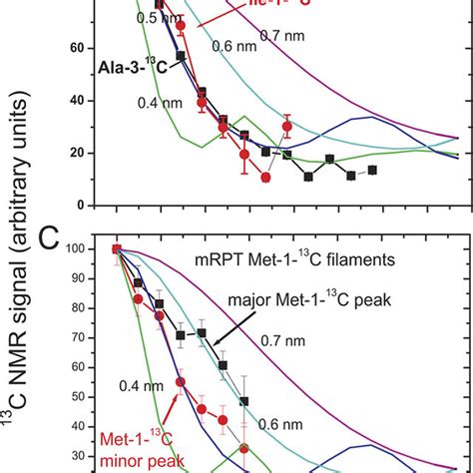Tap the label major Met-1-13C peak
pos(311,299)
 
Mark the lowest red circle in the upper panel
pos(265,178)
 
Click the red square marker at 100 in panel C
pos(117,249)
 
